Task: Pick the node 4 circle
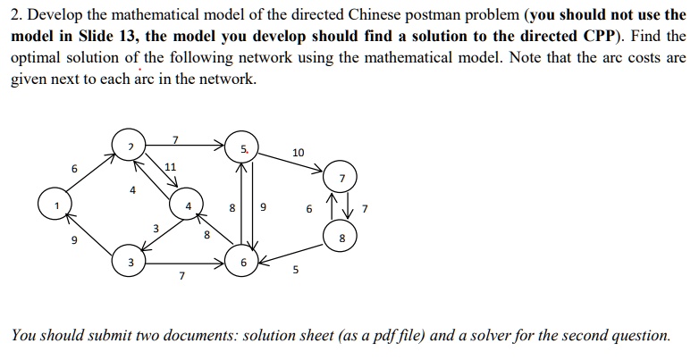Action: tap(187, 206)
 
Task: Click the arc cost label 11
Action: tap(171, 167)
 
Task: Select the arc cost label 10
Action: tap(298, 153)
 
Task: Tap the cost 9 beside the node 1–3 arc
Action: tap(75, 240)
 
